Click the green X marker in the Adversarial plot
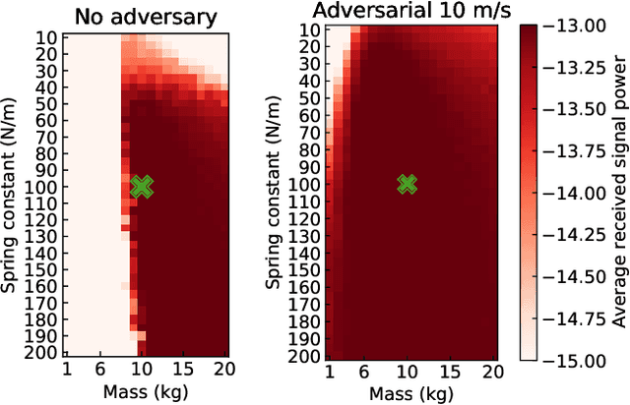[x=407, y=184]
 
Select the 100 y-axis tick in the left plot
[x=45, y=187]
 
